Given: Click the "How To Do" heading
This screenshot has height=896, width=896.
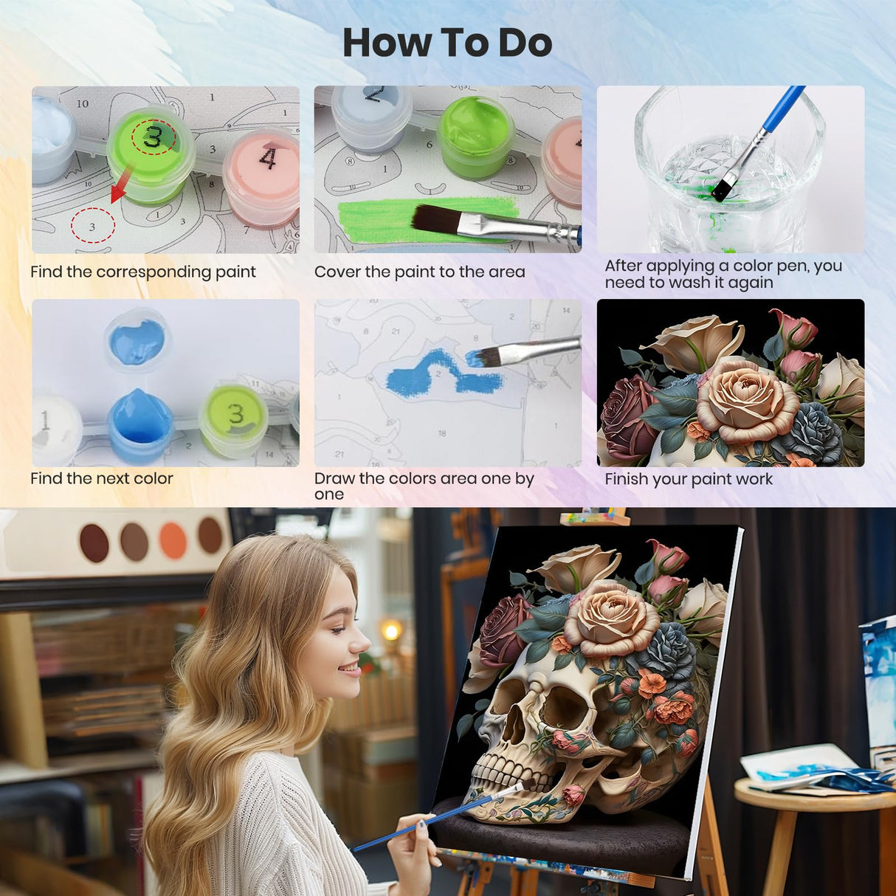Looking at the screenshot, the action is [x=447, y=43].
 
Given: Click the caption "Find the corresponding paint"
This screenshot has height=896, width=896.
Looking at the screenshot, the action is [x=143, y=272].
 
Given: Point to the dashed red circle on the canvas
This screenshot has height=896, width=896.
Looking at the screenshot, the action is [x=92, y=226].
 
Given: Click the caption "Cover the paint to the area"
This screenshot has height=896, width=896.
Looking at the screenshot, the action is [x=419, y=272].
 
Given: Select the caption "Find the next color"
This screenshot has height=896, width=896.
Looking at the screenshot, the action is [x=101, y=478].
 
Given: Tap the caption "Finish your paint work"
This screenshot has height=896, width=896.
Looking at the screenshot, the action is [x=688, y=479].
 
